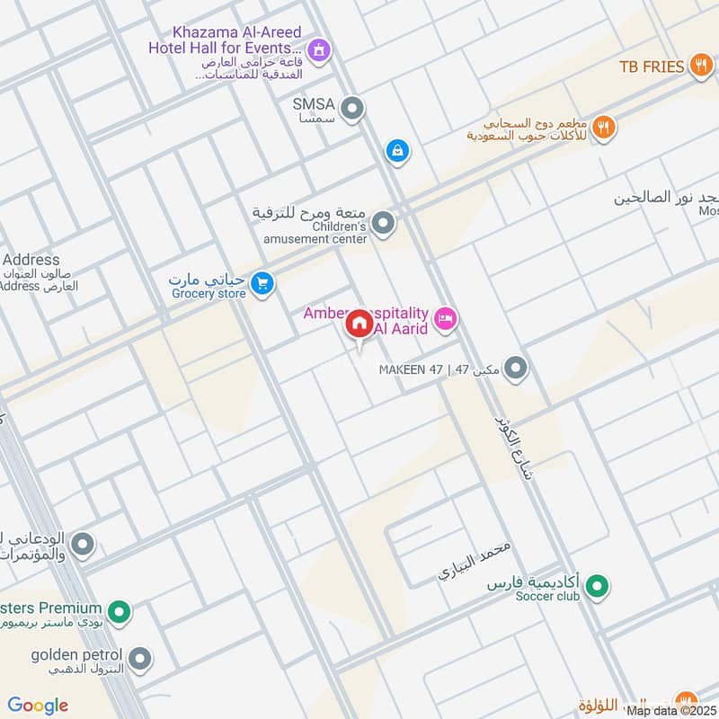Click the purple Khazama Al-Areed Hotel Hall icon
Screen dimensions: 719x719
point(316,51)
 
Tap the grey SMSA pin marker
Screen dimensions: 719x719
point(354,110)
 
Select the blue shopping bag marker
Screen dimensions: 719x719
point(396,152)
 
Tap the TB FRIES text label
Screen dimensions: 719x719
point(652,67)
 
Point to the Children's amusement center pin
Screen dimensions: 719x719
point(383,222)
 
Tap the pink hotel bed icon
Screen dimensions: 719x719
point(445,318)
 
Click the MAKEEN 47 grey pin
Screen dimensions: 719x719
point(515,368)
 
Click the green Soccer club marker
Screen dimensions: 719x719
point(596,589)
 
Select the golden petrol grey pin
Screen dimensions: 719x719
point(138,661)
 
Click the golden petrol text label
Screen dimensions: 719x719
point(72,656)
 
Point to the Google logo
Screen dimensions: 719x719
point(38,706)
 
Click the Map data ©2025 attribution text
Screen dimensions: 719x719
point(671,711)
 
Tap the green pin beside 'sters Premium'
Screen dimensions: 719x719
point(119,614)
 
